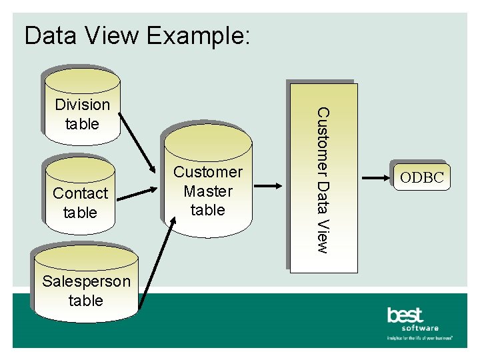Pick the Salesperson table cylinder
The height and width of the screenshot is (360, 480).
pos(85,283)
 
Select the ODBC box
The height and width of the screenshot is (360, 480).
pos(422,177)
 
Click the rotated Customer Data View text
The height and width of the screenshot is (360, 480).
pos(322,180)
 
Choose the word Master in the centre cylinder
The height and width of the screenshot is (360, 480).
pos(208,191)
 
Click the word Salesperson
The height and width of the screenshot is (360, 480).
pos(86,281)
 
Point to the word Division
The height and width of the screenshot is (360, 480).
pos(82,105)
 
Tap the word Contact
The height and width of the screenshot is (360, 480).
pos(80,193)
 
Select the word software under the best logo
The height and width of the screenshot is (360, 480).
pos(420,328)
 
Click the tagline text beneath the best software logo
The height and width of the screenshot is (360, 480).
pos(420,339)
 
